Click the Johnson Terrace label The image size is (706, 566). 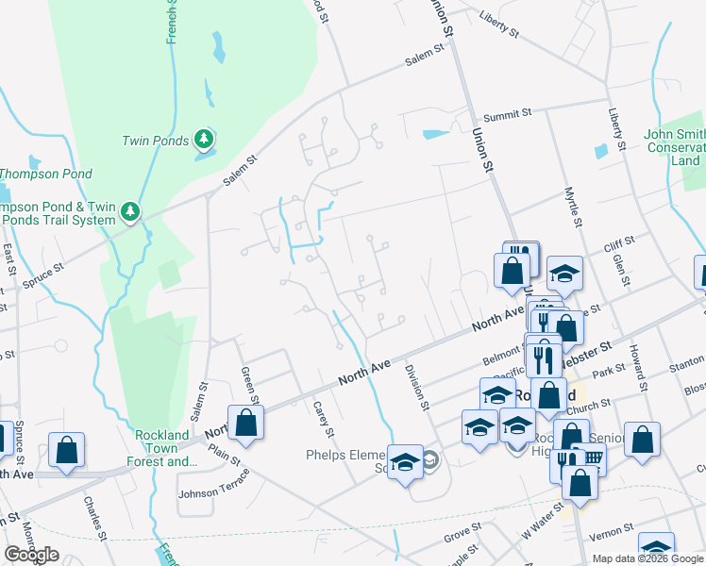point(214,483)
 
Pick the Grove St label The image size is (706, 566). point(462,537)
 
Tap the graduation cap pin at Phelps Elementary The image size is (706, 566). point(406,462)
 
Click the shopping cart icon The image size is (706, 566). point(592,458)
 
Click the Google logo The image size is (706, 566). point(31,555)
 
